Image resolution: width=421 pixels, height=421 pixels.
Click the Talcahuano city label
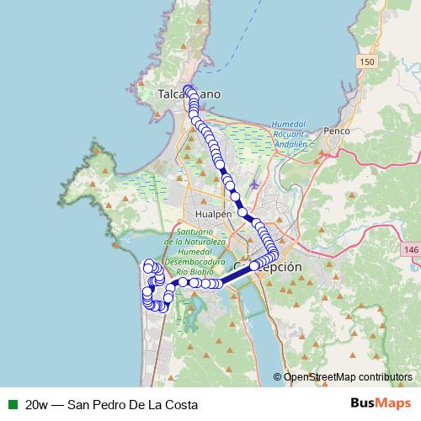189,95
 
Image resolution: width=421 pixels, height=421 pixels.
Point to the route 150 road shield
365,63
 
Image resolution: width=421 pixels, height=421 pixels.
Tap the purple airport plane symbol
255,184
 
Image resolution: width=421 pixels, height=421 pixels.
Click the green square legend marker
12,403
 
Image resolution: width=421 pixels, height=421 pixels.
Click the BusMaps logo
381,403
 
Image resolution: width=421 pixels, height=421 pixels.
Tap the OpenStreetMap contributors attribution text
349,378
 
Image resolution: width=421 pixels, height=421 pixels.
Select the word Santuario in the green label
194,232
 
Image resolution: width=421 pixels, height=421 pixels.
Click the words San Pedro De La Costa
127,404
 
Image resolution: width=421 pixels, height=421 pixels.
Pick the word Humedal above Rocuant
287,124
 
